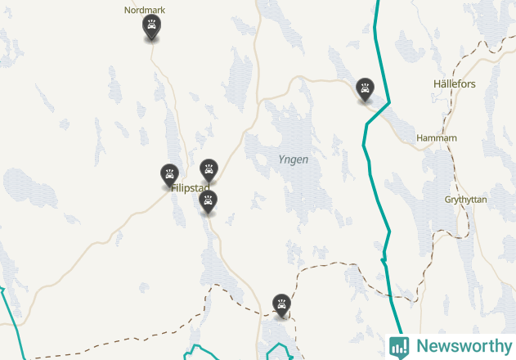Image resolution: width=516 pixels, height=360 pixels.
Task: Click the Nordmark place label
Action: click(x=144, y=11)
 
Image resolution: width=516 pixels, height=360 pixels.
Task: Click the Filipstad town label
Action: click(x=190, y=188)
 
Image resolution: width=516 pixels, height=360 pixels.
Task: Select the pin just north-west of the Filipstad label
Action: click(x=169, y=174)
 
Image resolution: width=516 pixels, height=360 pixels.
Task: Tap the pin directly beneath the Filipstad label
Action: click(x=209, y=201)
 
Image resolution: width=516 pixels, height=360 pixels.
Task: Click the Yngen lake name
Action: click(x=293, y=160)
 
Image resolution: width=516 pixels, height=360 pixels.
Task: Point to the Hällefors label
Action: click(x=454, y=84)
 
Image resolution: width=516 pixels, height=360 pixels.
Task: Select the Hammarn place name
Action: click(x=436, y=138)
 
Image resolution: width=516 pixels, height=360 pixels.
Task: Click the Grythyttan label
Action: click(x=465, y=200)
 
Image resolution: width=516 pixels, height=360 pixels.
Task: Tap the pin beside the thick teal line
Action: click(x=365, y=89)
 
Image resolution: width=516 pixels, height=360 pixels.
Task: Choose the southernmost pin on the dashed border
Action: click(x=282, y=305)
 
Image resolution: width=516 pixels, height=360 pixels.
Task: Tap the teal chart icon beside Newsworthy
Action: click(x=399, y=346)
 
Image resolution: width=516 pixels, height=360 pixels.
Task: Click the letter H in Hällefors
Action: click(x=437, y=84)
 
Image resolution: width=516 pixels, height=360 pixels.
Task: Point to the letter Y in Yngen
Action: click(x=280, y=160)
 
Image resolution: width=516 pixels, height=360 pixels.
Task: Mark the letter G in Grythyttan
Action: click(x=447, y=200)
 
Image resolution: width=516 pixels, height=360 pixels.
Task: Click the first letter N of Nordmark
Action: click(x=127, y=11)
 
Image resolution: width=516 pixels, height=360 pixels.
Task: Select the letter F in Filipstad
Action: click(x=173, y=188)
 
